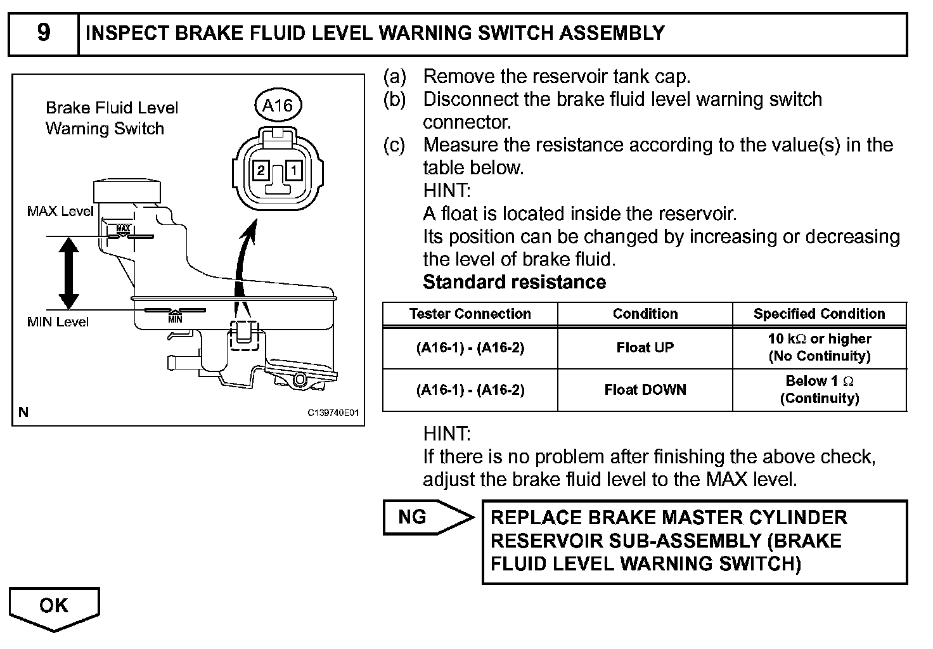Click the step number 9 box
click(x=43, y=33)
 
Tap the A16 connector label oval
click(x=277, y=105)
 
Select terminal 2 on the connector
click(x=261, y=170)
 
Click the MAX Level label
click(x=60, y=212)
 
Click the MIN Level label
click(x=58, y=322)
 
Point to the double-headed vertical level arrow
click(x=68, y=273)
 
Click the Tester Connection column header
click(x=470, y=314)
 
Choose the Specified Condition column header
click(x=819, y=314)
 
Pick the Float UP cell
click(x=645, y=347)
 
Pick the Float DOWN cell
click(x=645, y=390)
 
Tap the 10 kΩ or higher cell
click(x=819, y=347)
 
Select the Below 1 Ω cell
click(x=819, y=390)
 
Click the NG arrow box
click(x=425, y=517)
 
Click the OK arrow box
click(x=54, y=607)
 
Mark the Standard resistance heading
click(x=514, y=282)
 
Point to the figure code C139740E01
click(x=333, y=413)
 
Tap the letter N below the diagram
click(x=23, y=413)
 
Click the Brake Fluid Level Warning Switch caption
click(x=112, y=119)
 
